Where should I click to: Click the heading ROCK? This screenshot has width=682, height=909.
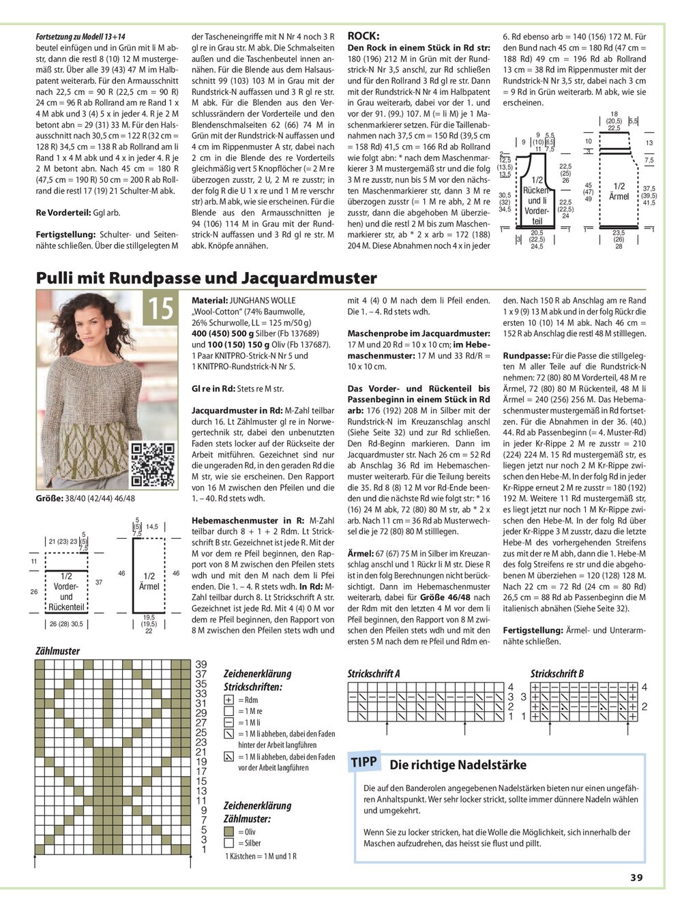point(364,35)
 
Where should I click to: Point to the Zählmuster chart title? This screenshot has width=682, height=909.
point(57,651)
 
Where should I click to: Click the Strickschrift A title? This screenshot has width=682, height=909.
point(374,674)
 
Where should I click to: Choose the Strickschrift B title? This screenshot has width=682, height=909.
point(557,674)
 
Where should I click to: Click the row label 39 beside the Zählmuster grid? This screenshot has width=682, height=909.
point(201,664)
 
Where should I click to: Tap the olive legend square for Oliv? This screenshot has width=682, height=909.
point(228,832)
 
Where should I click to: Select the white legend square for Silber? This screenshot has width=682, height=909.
point(228,844)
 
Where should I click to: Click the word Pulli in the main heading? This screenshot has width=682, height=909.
point(55,278)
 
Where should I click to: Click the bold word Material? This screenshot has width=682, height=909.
point(210,299)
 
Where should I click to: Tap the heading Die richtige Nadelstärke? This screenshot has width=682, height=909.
point(458,765)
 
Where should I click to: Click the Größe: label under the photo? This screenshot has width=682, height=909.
point(50,498)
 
